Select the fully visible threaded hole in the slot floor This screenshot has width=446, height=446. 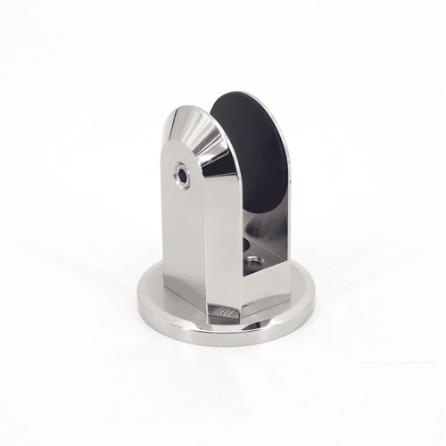253,263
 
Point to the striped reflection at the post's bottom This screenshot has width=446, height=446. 223,310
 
